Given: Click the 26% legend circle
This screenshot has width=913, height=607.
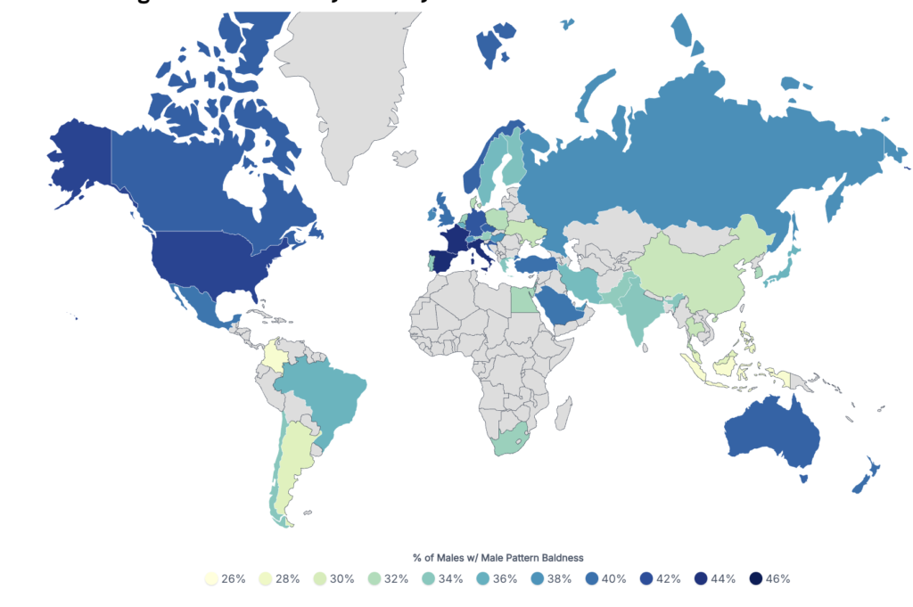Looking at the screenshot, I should point(211,578).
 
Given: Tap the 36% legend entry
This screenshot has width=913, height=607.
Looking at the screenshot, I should point(498,578).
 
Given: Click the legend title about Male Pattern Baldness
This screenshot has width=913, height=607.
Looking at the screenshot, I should point(498,558).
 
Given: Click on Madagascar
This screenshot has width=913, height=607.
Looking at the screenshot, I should point(563,413).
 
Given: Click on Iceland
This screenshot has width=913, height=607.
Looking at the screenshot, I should point(406,160).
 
